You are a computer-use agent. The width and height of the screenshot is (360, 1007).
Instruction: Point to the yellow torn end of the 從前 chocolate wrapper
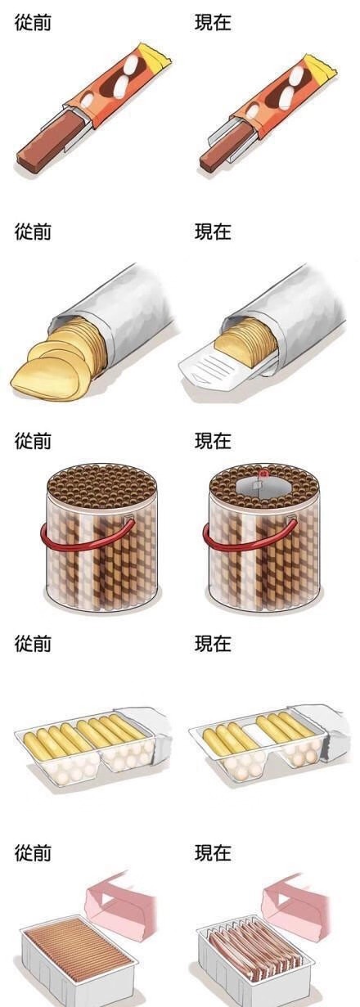156,57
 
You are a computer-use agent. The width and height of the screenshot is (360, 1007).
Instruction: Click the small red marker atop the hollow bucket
263,473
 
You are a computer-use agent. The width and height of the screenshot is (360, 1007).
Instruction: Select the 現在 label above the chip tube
213,232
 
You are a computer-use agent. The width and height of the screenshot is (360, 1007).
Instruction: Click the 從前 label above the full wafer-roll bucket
33,441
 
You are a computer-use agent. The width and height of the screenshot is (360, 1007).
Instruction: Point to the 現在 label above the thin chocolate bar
213,22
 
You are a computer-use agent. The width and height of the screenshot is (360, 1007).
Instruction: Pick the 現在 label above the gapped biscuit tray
213,644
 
